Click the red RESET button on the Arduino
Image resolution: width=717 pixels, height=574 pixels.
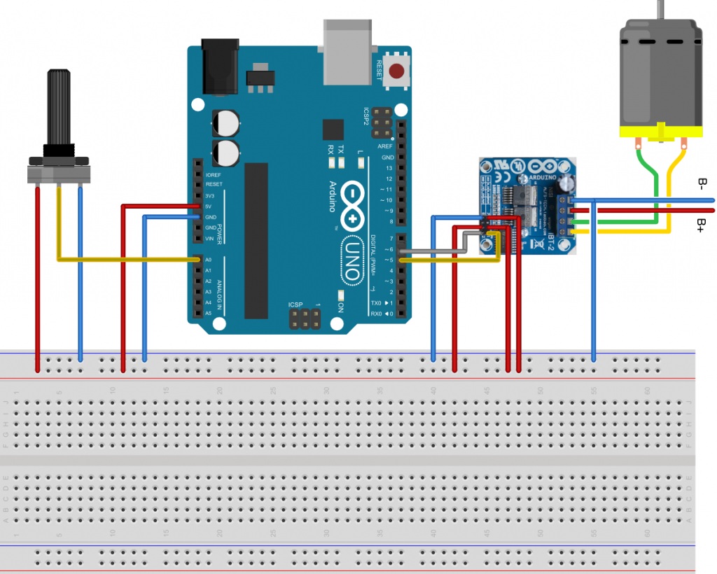pyautogui.click(x=398, y=71)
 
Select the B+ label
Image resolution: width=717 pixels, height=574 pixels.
pyautogui.click(x=702, y=225)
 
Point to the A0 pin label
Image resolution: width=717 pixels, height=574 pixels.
pyautogui.click(x=208, y=260)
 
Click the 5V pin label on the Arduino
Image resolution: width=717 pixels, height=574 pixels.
pyautogui.click(x=209, y=206)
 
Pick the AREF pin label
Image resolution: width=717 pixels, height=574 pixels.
pyautogui.click(x=386, y=146)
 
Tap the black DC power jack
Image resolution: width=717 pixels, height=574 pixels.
pyautogui.click(x=219, y=66)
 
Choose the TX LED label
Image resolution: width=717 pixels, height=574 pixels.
pyautogui.click(x=341, y=150)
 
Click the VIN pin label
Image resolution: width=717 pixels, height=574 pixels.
pyautogui.click(x=209, y=239)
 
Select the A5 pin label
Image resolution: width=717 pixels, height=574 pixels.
pyautogui.click(x=208, y=313)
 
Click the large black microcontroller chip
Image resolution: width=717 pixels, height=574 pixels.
pyautogui.click(x=256, y=240)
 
